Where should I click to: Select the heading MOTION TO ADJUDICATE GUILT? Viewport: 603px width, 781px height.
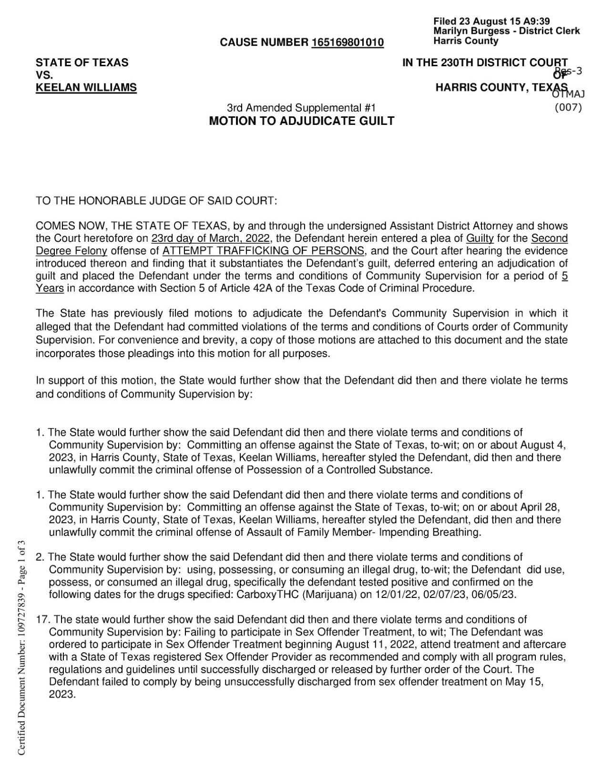pos(302,121)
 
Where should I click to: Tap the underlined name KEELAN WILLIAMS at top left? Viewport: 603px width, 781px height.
pos(86,88)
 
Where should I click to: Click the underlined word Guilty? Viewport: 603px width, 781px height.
pos(480,238)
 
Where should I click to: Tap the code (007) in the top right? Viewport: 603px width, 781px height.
pos(568,108)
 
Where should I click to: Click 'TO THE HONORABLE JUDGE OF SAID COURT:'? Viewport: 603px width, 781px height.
pos(156,201)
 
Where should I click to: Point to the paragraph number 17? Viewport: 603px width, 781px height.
pos(43,619)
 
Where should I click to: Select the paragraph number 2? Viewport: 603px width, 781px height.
pos(40,557)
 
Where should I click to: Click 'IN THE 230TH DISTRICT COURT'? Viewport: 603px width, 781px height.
pos(485,63)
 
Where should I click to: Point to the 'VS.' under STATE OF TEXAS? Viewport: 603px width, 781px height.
pos(44,75)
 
